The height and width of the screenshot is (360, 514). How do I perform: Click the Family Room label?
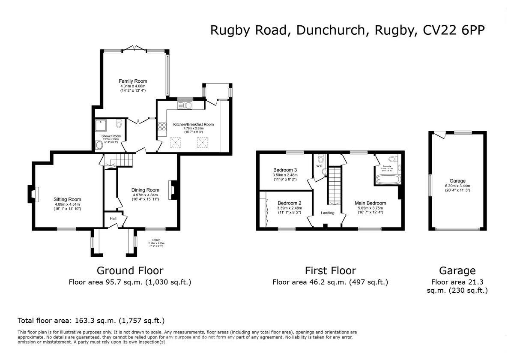point(133,81)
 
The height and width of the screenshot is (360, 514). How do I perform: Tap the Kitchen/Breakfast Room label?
point(193,124)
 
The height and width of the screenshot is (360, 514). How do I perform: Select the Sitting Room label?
point(67,199)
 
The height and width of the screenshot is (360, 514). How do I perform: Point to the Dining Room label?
point(146,190)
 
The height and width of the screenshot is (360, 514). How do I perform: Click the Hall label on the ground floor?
point(113,219)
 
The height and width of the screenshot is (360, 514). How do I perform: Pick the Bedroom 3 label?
point(285,170)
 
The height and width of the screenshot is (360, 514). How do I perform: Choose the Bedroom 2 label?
point(290,203)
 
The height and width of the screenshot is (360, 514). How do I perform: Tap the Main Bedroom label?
point(370,203)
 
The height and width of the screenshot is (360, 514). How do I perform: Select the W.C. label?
point(319,166)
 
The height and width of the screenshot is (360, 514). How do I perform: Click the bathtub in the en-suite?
point(388,179)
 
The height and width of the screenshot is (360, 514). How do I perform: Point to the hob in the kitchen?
point(162,127)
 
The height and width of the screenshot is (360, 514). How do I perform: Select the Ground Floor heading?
point(130,270)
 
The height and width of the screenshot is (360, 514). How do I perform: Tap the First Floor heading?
point(330,270)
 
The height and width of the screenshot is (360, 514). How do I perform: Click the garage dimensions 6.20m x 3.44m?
point(457,186)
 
